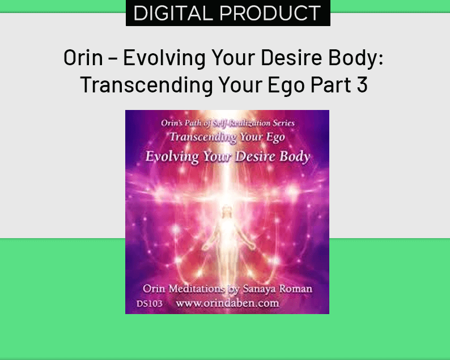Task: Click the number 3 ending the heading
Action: point(363,85)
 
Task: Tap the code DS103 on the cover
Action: point(150,304)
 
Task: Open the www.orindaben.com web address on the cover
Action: point(227,303)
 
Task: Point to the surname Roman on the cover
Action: point(295,289)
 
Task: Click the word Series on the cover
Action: point(284,122)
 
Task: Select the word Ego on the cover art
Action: point(274,137)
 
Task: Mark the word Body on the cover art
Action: point(295,156)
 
